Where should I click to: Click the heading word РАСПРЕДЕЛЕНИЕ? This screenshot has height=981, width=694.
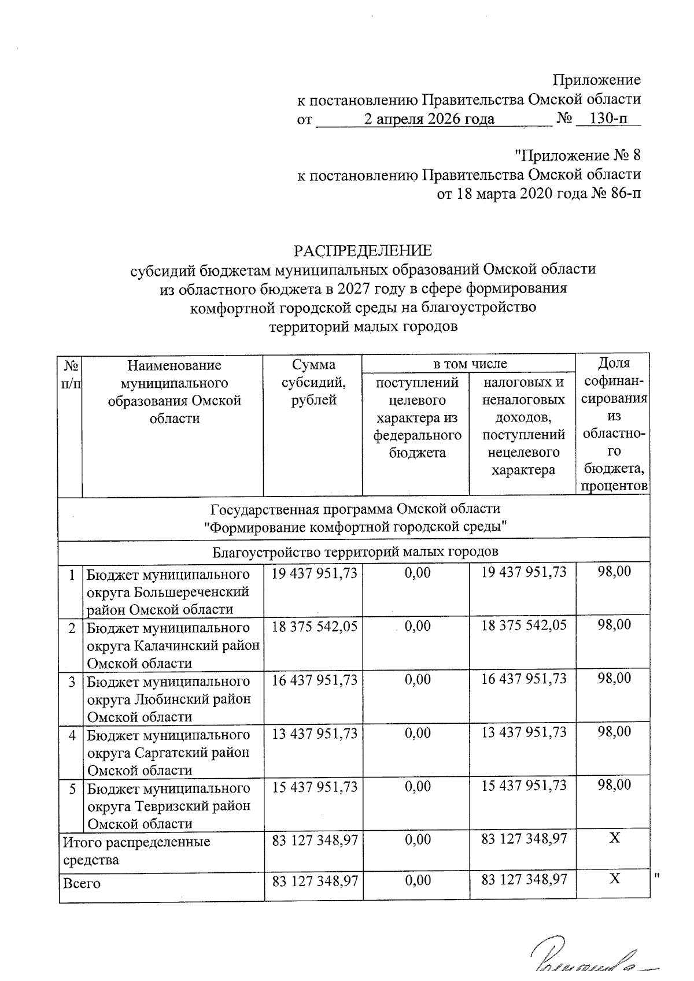click(x=363, y=251)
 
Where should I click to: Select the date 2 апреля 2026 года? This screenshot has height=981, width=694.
click(x=429, y=119)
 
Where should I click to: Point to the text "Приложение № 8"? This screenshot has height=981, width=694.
click(x=578, y=156)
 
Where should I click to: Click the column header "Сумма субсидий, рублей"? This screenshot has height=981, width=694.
click(x=313, y=382)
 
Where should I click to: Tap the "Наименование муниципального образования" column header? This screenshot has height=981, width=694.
click(x=174, y=391)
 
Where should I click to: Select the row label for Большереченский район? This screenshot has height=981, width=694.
click(x=168, y=591)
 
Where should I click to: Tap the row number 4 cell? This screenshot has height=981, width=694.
click(x=72, y=735)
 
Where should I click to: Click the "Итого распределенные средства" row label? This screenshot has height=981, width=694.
click(x=136, y=850)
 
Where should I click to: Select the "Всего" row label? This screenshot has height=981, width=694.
click(x=82, y=883)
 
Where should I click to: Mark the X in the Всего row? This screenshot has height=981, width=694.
click(x=615, y=879)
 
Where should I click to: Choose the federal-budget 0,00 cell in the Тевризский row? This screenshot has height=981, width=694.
click(x=418, y=787)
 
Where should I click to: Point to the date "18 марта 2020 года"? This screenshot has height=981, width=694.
click(x=511, y=193)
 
